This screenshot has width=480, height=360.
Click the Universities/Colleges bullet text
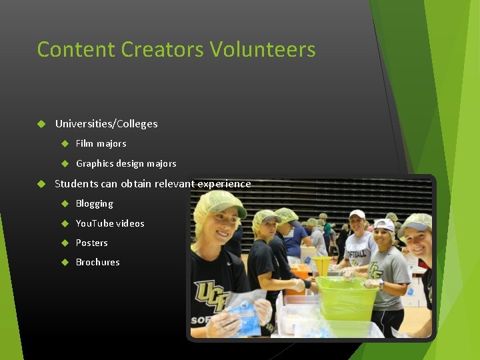tap(106, 124)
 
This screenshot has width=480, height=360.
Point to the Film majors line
tap(101, 143)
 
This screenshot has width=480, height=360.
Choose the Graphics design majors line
tap(126, 163)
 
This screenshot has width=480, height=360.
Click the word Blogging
tap(94, 203)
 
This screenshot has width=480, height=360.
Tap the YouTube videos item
tap(110, 223)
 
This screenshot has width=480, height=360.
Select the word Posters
tap(91, 243)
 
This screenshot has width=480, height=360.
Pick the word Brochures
tap(97, 262)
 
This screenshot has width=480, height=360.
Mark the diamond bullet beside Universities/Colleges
tap(41, 124)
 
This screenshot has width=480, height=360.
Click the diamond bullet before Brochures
tap(65, 262)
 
